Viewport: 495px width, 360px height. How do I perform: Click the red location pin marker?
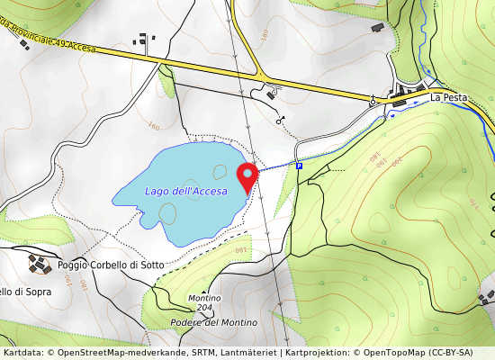coord(247,176)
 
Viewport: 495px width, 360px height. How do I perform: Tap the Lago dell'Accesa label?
coord(186,191)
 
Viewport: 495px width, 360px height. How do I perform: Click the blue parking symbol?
coord(300,166)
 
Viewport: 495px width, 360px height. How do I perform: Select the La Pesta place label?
coord(446,97)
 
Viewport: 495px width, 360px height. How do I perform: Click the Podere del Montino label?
coord(213,322)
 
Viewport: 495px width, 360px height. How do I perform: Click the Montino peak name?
coord(203,298)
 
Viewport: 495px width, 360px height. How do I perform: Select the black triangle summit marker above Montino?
coord(203,290)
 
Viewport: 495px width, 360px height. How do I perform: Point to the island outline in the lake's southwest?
coord(167,213)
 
